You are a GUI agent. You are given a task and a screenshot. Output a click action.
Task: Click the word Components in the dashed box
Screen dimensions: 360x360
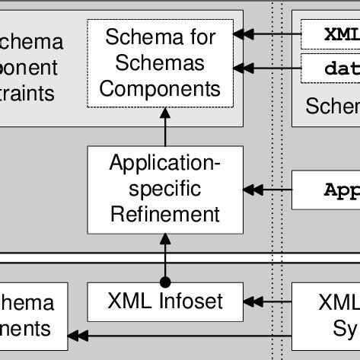(x=161, y=88)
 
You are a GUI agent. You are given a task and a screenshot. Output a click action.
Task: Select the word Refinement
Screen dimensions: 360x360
(x=165, y=214)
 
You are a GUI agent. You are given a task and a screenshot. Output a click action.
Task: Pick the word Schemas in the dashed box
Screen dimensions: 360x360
(x=161, y=62)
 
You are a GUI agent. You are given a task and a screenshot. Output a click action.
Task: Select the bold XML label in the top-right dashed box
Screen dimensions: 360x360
(x=341, y=34)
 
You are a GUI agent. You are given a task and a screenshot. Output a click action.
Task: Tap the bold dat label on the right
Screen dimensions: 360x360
(x=341, y=68)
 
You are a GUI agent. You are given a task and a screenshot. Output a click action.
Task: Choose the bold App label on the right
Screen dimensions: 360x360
(x=341, y=189)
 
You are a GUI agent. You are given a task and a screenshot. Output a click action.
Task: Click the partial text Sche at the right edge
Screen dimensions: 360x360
(x=333, y=106)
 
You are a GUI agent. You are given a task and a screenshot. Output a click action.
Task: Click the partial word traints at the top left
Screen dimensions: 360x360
(x=27, y=93)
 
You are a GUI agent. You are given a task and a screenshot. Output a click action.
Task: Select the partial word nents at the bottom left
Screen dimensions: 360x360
(x=26, y=328)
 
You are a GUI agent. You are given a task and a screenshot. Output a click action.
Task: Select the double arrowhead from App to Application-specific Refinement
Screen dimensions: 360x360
(x=252, y=190)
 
